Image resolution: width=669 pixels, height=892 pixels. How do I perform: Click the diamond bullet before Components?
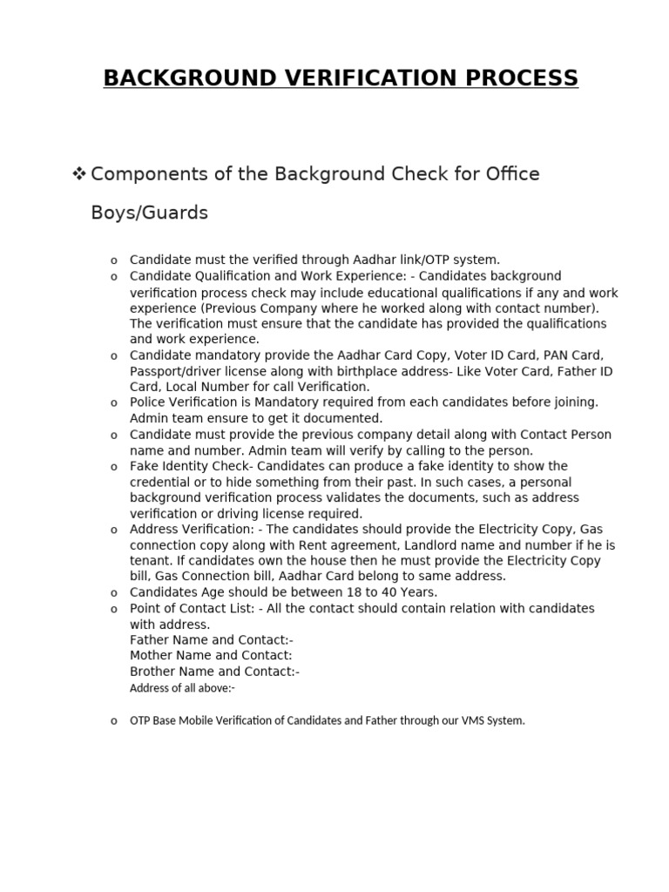click(78, 174)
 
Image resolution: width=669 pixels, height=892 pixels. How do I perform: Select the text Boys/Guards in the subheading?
click(149, 213)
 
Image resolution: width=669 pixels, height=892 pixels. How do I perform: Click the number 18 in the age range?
click(332, 592)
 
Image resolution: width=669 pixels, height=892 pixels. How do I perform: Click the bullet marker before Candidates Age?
click(113, 593)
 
